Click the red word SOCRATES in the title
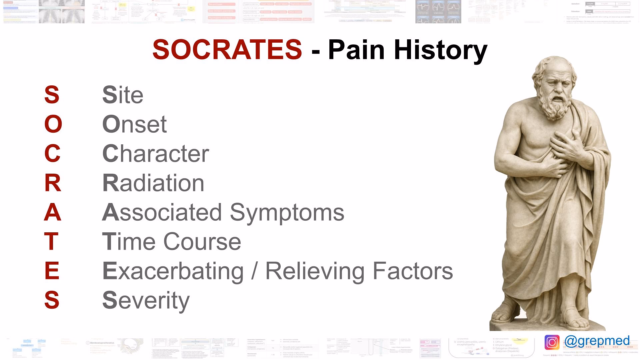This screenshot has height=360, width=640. pyautogui.click(x=227, y=50)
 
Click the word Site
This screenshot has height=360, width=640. pyautogui.click(x=123, y=95)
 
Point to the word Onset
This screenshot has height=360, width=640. pyautogui.click(x=134, y=124)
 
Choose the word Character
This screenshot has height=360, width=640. pyautogui.click(x=155, y=154)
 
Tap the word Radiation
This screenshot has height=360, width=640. pyautogui.click(x=153, y=183)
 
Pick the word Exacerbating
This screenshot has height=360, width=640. pyautogui.click(x=173, y=271)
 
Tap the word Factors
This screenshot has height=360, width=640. pyautogui.click(x=413, y=271)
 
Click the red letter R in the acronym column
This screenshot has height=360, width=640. pyautogui.click(x=53, y=183)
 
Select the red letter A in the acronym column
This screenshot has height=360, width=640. pyautogui.click(x=53, y=212)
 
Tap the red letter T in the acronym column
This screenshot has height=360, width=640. pyautogui.click(x=51, y=242)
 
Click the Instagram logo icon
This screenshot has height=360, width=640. pyautogui.click(x=552, y=342)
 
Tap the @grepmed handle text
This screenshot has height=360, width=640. pyautogui.click(x=597, y=341)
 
